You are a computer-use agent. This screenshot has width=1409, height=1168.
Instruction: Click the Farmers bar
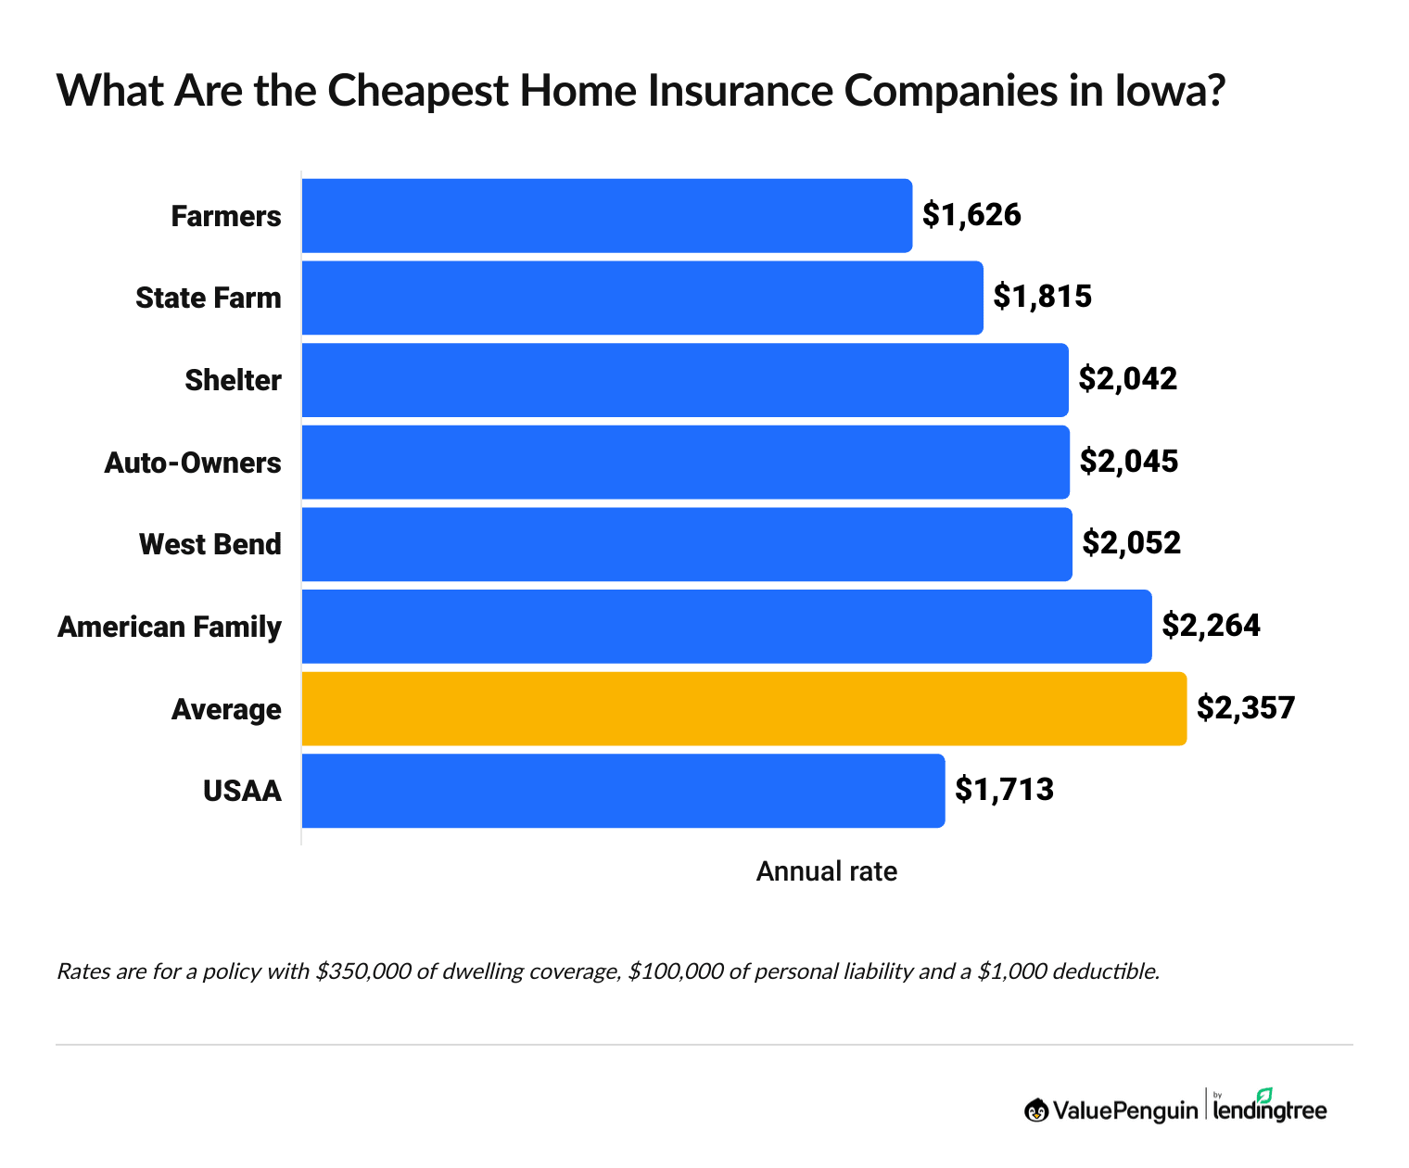(607, 215)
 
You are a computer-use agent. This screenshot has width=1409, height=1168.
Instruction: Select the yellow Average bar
(744, 708)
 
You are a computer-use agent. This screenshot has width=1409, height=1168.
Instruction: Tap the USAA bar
(623, 791)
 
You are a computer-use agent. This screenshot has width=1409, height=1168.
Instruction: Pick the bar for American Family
(727, 627)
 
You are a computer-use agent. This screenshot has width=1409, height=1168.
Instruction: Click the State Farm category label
(209, 298)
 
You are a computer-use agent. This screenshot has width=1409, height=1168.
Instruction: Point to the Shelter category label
(233, 380)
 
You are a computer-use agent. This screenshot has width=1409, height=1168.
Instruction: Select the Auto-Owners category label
(193, 462)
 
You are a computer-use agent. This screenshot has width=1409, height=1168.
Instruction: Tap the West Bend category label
(210, 544)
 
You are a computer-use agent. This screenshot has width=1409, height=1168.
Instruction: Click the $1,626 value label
(971, 215)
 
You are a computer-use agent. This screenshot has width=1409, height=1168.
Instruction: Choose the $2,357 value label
(1246, 708)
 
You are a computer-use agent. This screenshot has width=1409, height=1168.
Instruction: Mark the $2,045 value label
(1129, 462)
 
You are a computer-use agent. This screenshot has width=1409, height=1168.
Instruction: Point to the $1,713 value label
(1005, 791)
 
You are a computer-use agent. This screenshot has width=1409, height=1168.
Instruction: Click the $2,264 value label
(1212, 627)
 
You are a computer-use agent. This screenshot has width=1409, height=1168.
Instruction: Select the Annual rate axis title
(827, 871)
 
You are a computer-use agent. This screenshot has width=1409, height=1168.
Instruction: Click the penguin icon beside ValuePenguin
(1036, 1110)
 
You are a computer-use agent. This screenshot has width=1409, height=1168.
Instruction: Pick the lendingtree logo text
(1270, 1110)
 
